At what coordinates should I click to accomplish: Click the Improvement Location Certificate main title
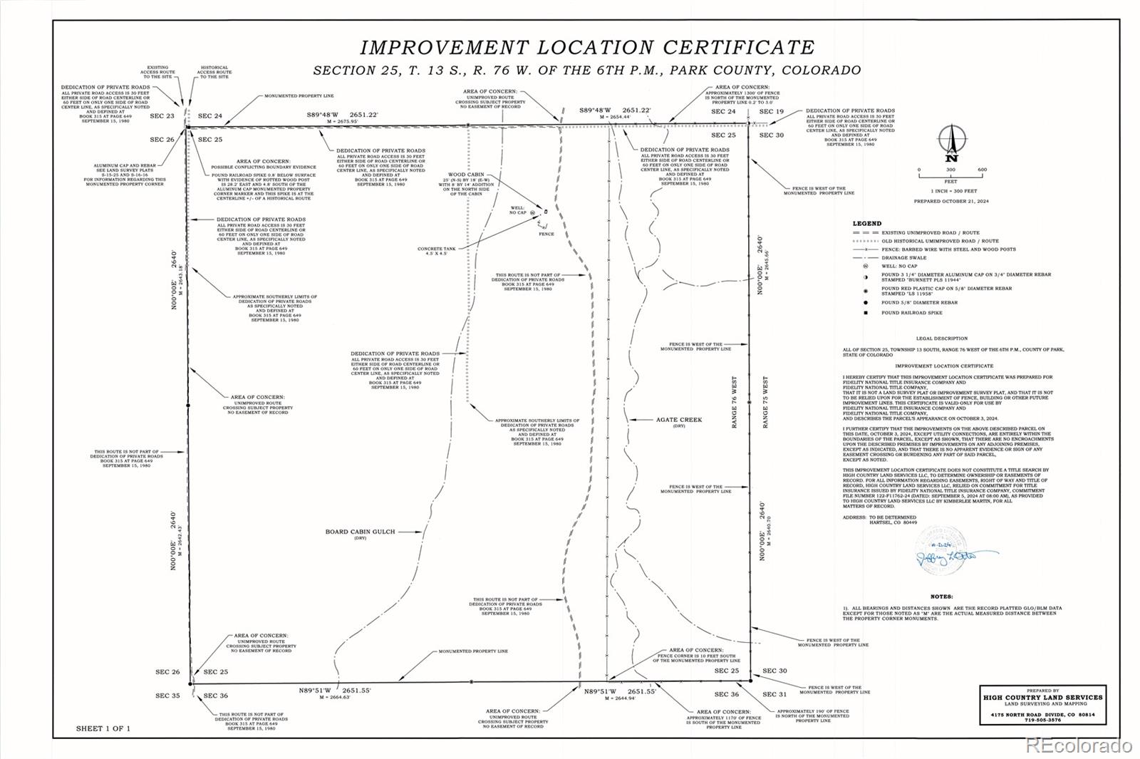[x=587, y=48]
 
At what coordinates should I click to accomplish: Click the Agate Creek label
[x=678, y=420]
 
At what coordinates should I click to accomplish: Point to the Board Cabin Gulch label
[x=360, y=532]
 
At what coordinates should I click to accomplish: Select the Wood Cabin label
[x=466, y=175]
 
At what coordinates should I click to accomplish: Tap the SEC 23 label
[x=162, y=115]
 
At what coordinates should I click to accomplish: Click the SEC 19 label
[x=771, y=112]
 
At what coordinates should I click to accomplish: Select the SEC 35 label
[x=168, y=696]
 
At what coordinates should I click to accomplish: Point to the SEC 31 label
[x=774, y=694]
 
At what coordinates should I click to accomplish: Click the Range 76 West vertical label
[x=735, y=402]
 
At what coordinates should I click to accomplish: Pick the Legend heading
[x=867, y=224]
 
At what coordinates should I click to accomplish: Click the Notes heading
[x=941, y=597]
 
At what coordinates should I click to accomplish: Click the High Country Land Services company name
[x=1042, y=698]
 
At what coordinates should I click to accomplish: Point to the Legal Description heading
[x=941, y=339]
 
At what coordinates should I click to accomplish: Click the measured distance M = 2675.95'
[x=341, y=122]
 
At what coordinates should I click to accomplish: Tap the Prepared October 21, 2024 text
[x=951, y=202]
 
